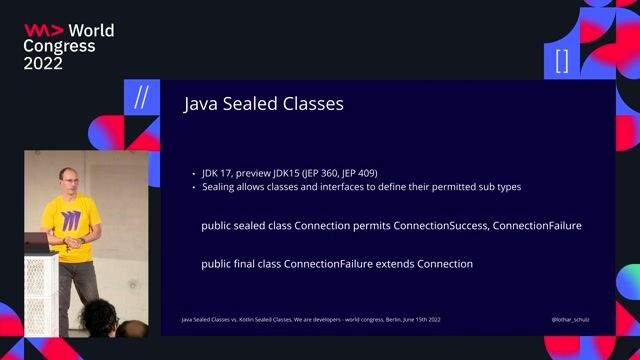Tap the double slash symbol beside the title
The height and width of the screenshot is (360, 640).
141,97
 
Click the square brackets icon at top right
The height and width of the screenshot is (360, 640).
561,61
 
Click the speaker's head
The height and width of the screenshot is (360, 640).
68,181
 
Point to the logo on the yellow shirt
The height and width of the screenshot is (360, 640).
70,218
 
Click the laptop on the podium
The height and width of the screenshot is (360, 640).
37,242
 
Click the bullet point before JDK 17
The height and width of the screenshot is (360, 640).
193,173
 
